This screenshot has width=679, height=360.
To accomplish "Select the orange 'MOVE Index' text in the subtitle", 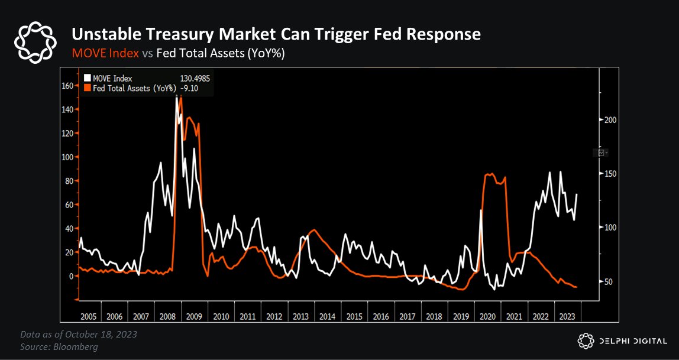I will coord(105,53).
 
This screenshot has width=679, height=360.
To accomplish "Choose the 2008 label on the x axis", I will coord(166,317).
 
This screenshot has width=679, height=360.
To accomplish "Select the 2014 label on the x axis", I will coord(328,317).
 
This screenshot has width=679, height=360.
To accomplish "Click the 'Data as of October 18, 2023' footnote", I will coord(79,335).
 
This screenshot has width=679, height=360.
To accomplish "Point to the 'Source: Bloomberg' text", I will coord(59,346).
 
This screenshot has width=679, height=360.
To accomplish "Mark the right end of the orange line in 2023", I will coord(576,287).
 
